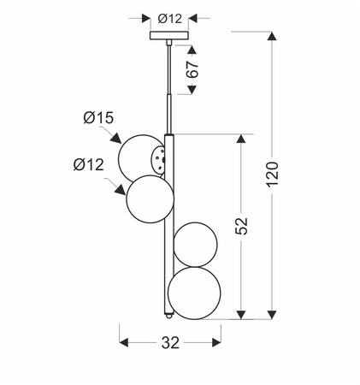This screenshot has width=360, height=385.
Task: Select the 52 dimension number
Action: [x=242, y=226]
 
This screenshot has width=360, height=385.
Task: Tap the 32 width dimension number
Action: [x=170, y=343]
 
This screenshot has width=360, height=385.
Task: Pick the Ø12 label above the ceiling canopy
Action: [x=169, y=16]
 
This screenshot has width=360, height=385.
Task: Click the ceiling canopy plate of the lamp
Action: [x=168, y=36]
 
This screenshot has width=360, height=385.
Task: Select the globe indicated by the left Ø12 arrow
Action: [x=150, y=198]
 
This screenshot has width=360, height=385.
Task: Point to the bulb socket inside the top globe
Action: [x=156, y=157]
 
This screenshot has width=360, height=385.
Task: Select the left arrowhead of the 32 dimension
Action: [x=122, y=343]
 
